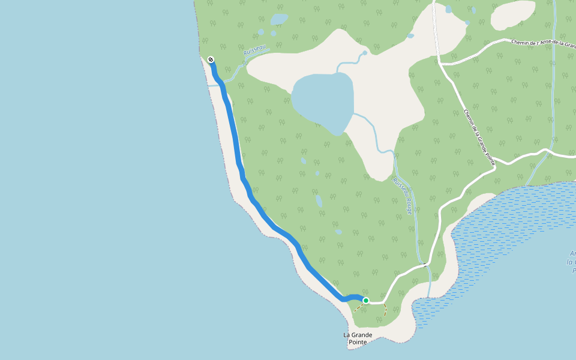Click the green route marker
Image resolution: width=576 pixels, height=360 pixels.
365,300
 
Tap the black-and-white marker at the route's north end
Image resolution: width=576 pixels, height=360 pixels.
211,59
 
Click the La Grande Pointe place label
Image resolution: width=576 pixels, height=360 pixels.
358,338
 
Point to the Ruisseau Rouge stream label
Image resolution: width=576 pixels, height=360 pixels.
403,196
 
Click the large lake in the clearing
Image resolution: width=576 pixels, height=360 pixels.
322,101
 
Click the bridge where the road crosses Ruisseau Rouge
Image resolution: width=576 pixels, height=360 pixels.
425,265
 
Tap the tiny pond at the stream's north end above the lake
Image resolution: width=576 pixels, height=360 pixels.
364,53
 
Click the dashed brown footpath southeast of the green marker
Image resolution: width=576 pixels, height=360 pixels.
385,310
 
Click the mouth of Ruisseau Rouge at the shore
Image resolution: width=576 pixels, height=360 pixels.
430,295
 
